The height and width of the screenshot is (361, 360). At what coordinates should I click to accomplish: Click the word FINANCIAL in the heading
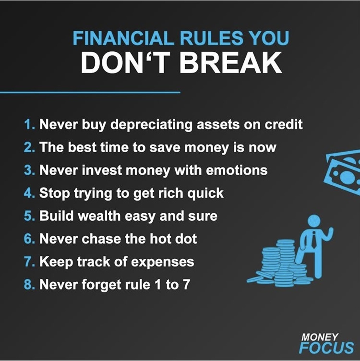(x=123, y=38)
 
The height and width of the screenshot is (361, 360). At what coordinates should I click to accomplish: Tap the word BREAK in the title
(x=231, y=63)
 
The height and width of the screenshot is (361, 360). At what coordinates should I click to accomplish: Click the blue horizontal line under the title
(x=90, y=93)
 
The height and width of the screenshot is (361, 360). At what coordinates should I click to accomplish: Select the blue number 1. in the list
(x=30, y=124)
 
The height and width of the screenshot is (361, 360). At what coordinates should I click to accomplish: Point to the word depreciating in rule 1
(x=151, y=125)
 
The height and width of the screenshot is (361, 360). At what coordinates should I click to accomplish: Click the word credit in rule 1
(x=283, y=124)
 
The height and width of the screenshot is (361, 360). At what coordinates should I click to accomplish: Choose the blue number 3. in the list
(x=30, y=170)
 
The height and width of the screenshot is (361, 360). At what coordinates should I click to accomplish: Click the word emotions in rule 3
(x=237, y=170)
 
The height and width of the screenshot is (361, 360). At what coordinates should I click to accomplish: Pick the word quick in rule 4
(x=205, y=194)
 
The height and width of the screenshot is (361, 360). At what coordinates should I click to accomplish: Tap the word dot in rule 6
(x=186, y=239)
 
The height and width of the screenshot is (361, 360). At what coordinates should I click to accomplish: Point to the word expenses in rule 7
(x=163, y=262)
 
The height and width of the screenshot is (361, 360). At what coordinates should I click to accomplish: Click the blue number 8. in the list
(x=30, y=284)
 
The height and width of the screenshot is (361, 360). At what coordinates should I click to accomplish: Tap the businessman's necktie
(x=314, y=240)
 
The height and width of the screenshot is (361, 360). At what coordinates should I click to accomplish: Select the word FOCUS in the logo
(x=327, y=348)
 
